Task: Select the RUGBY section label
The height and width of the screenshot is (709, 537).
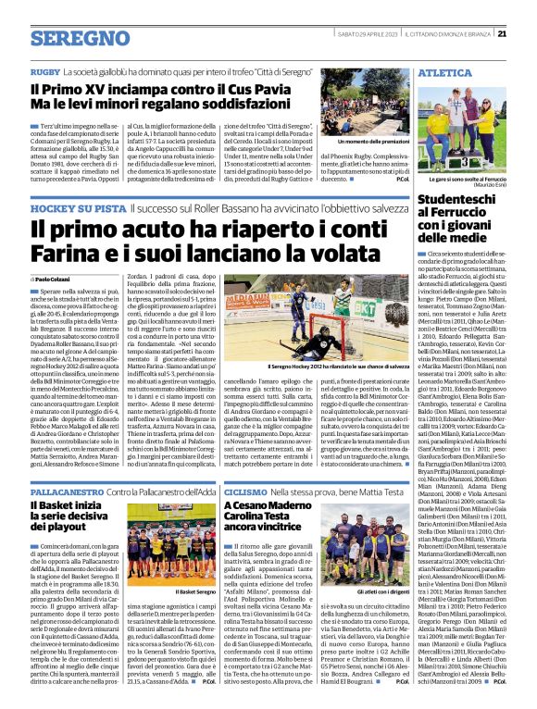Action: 44,71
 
